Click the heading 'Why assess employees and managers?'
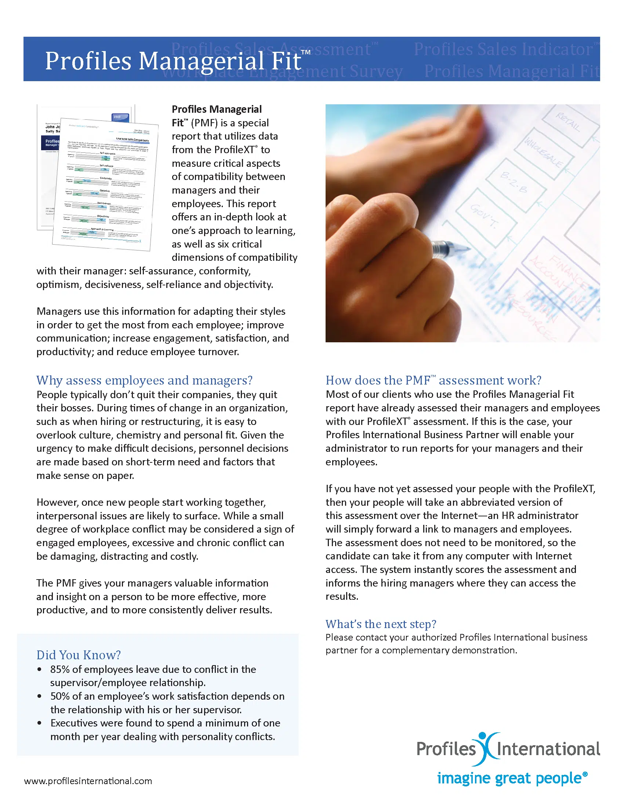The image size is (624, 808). pos(144,380)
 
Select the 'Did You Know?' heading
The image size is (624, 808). pos(79,655)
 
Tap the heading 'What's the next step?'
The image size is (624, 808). pos(381,624)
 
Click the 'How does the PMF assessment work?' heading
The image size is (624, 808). pos(433,380)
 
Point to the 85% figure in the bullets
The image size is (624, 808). pos(60,669)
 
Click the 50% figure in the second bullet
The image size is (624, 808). pos(60,696)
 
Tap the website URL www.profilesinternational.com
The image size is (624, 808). pos(88,781)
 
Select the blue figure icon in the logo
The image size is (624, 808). pos(487,748)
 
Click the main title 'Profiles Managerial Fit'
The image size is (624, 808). pos(173,61)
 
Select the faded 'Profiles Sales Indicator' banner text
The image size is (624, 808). pos(505,49)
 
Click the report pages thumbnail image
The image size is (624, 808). pos(98,178)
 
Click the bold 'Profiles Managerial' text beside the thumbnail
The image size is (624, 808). pos(217,109)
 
